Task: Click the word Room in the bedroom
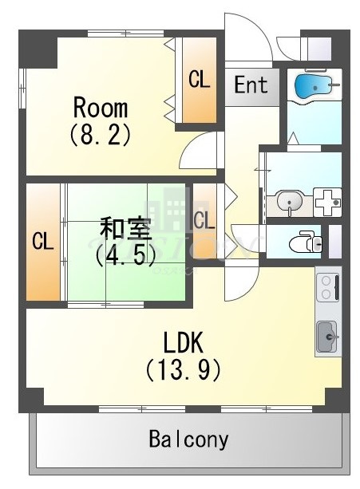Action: [x=100, y=107]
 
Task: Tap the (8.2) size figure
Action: [x=100, y=133]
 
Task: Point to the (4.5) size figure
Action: [x=123, y=256]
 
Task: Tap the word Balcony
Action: [x=188, y=440]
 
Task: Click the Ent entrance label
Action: [x=251, y=85]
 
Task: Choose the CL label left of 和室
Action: [x=42, y=242]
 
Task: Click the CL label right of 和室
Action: [x=204, y=218]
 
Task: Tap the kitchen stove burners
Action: [x=328, y=288]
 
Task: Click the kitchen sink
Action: [x=328, y=336]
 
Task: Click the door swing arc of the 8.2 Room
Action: [x=199, y=149]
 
